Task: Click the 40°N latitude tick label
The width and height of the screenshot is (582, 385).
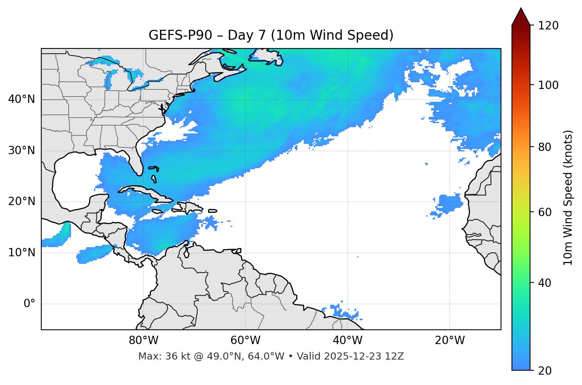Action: point(21,99)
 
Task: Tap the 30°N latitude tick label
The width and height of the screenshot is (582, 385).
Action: point(21,151)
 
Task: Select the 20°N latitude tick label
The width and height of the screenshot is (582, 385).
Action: point(21,201)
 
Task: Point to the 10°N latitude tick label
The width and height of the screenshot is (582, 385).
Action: point(21,253)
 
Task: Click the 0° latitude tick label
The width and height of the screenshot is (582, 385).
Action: point(29,304)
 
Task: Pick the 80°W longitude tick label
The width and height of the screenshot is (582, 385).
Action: point(143,341)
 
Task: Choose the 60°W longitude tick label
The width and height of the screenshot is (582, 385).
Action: point(245,341)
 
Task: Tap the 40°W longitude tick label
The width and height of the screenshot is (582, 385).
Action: point(347,341)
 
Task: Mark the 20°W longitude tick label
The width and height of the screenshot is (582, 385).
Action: point(449,341)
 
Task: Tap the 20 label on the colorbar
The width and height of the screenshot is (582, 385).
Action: point(545,371)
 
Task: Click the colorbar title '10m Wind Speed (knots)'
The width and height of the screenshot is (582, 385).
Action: point(568,197)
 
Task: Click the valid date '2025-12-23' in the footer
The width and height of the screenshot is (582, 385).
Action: point(355,356)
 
